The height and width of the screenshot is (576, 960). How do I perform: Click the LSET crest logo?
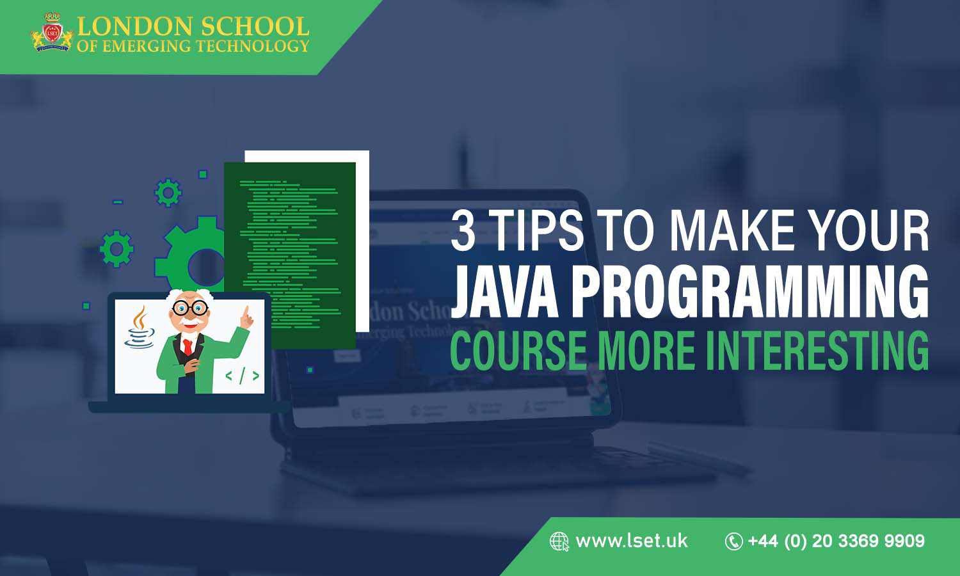pyautogui.click(x=52, y=32)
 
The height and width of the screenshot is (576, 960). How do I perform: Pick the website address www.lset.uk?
pyautogui.click(x=632, y=541)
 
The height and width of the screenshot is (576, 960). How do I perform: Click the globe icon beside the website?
pyautogui.click(x=559, y=541)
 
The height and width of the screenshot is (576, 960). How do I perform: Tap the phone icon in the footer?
pyautogui.click(x=733, y=541)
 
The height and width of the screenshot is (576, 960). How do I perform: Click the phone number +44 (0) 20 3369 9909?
pyautogui.click(x=836, y=541)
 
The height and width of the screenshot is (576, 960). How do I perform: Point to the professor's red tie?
pyautogui.click(x=187, y=346)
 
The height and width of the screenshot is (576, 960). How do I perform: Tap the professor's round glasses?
pyautogui.click(x=191, y=308)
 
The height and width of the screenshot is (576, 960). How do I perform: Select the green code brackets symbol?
pyautogui.click(x=242, y=376)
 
